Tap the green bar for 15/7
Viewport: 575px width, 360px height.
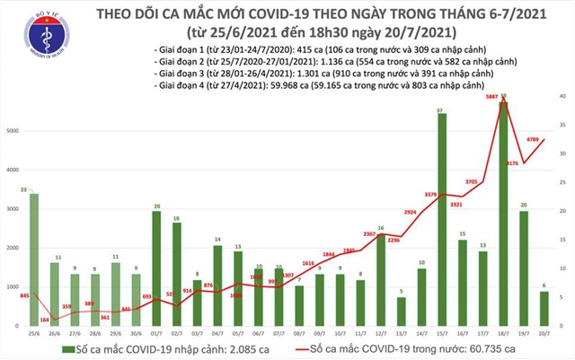coord(444,220)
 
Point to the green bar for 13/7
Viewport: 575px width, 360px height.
coord(401,311)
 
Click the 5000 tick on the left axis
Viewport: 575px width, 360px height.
coord(13,131)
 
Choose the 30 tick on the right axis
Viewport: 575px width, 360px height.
coord(562,154)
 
